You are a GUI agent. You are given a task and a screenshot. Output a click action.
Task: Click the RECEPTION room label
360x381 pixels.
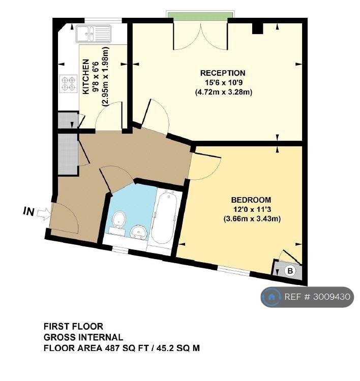(x=223, y=73)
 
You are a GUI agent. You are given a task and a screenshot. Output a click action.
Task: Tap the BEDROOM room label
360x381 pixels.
(x=251, y=200)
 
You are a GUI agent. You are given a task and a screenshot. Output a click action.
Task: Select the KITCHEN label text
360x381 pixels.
(x=85, y=77)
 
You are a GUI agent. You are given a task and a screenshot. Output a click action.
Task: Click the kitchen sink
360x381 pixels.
(x=94, y=34)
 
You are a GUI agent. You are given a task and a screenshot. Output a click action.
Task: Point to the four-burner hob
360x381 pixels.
(x=68, y=83)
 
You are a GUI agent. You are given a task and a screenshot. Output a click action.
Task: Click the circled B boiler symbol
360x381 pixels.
(x=290, y=270)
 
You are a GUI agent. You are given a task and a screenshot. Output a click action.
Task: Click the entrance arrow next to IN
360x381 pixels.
(x=44, y=213)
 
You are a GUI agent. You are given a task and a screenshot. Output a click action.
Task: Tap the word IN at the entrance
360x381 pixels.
(x=28, y=211)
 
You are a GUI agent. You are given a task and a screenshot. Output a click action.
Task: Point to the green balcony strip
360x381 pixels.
(x=200, y=15)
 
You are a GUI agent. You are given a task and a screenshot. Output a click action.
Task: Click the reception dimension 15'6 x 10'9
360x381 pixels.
(x=224, y=83)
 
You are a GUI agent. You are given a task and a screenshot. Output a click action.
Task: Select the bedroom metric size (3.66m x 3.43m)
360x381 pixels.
(x=252, y=219)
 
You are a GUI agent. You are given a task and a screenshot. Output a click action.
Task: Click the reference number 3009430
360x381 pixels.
(x=332, y=297)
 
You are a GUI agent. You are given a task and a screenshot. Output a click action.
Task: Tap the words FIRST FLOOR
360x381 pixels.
(x=73, y=326)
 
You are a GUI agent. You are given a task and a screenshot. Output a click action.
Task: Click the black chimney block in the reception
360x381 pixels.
(x=258, y=29)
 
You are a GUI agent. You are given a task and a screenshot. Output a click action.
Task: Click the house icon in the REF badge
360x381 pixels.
(x=271, y=297)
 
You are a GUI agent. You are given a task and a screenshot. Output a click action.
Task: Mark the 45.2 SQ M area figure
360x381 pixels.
(x=178, y=348)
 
